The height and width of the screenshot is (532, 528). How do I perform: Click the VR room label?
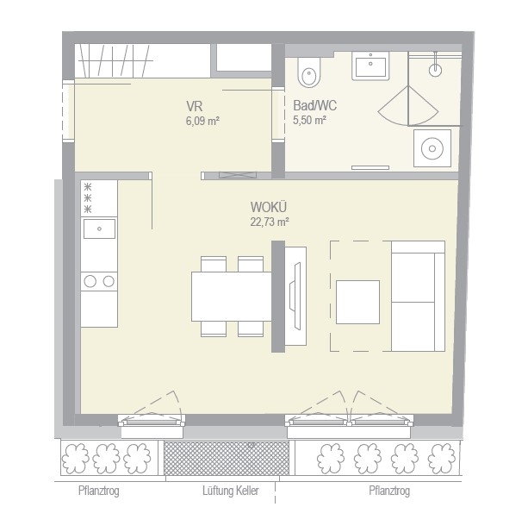(x=194, y=107)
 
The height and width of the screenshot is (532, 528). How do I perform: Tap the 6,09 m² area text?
(x=202, y=121)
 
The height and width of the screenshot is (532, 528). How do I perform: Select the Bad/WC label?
(x=315, y=105)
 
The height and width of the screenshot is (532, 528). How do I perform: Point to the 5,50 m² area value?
(x=309, y=120)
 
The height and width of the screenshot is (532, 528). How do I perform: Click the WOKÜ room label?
(x=269, y=207)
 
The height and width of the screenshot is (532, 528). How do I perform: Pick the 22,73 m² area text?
(x=270, y=222)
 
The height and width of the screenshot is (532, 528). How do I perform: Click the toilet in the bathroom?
(x=308, y=72)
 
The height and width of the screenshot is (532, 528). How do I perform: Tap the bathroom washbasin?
(x=370, y=66)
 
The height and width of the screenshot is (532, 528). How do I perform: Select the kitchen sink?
(x=99, y=228)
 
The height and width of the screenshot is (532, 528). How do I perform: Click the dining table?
(x=232, y=297)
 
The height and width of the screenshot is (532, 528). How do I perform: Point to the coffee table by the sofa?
(x=357, y=302)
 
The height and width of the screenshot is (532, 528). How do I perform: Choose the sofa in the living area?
(x=419, y=297)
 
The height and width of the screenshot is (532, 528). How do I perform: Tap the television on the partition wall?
(x=295, y=296)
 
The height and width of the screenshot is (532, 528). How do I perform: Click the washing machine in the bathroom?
(x=432, y=148)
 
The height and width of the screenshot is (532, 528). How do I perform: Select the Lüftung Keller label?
(x=231, y=491)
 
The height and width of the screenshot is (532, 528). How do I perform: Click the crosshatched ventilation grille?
(x=227, y=458)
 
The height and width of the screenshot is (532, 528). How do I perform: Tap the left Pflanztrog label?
(x=98, y=491)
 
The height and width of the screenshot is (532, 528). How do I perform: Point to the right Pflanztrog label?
(x=389, y=491)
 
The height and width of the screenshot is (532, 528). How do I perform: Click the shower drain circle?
(x=435, y=71)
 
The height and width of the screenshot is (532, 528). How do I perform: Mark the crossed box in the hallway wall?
(x=237, y=175)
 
